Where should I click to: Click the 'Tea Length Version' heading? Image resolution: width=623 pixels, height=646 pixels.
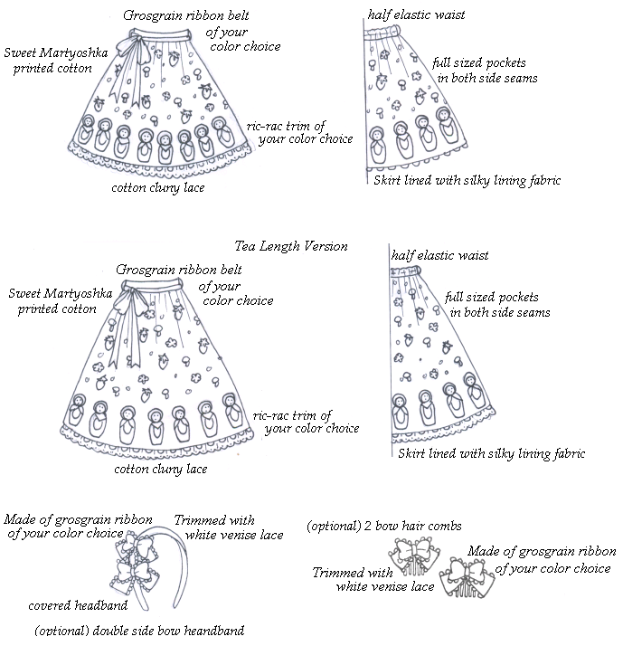(x=290, y=246)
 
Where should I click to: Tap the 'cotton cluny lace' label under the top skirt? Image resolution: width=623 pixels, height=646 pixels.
(x=157, y=188)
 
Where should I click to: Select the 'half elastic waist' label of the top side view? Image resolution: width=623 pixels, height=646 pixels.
(x=416, y=16)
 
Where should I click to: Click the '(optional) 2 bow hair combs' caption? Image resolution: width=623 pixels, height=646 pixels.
(x=384, y=526)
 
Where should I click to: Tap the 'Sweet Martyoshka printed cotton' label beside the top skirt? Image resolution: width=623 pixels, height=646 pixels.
(x=53, y=61)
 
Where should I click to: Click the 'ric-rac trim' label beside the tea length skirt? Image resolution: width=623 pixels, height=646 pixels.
(x=306, y=422)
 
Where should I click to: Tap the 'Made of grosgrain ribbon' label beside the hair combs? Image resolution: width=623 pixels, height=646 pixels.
(x=543, y=559)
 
